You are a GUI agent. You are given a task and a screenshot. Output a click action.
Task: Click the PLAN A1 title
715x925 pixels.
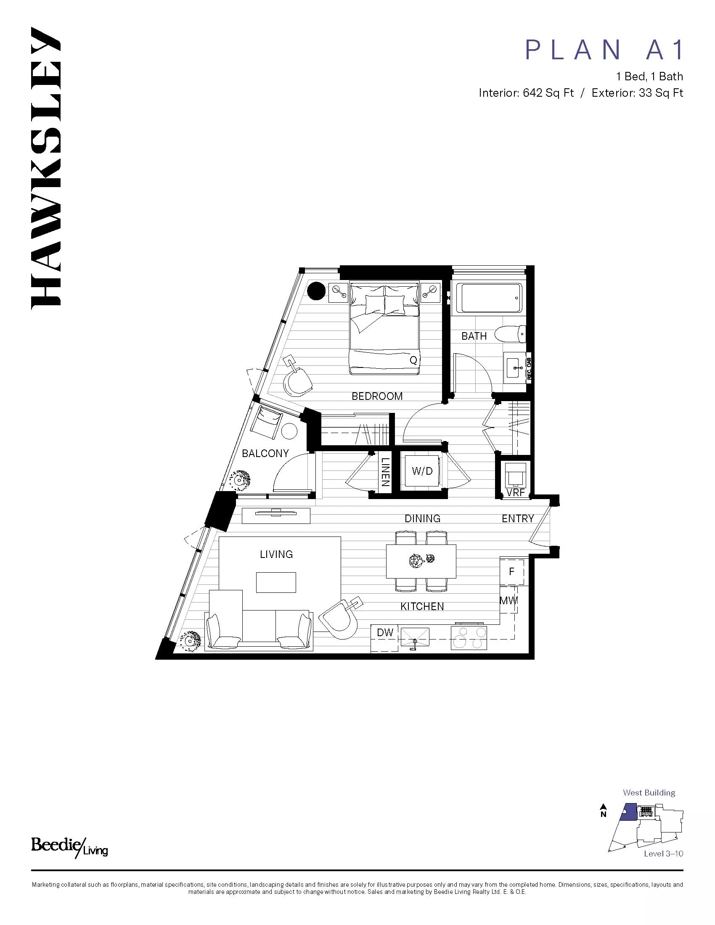(604, 50)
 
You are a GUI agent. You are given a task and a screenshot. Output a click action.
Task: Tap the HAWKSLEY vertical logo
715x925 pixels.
(46, 167)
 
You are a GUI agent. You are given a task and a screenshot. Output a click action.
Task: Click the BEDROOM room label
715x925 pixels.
(377, 396)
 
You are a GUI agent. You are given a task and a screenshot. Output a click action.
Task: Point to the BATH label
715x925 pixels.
(474, 336)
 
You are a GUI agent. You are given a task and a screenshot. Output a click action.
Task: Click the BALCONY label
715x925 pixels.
(265, 453)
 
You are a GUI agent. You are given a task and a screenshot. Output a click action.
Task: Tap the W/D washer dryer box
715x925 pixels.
(422, 470)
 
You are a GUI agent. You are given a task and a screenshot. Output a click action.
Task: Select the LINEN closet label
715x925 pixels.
(384, 472)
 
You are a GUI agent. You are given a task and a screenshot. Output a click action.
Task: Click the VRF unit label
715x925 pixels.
(516, 493)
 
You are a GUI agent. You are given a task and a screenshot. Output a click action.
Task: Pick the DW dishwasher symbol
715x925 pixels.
(385, 632)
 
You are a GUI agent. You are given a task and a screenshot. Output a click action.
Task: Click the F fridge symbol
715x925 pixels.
(512, 572)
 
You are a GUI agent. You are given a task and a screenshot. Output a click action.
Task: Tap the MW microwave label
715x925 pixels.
(509, 600)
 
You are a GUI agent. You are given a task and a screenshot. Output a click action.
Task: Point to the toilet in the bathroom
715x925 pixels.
(514, 334)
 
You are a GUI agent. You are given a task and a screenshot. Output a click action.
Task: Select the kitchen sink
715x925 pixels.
(415, 636)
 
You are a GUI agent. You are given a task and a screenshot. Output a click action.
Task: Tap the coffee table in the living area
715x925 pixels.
(276, 582)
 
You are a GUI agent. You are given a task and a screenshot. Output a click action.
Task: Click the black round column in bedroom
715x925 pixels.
(316, 291)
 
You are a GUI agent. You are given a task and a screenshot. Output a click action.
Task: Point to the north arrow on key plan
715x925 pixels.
(604, 809)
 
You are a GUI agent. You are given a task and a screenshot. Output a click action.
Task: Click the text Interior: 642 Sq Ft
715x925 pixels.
(526, 93)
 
